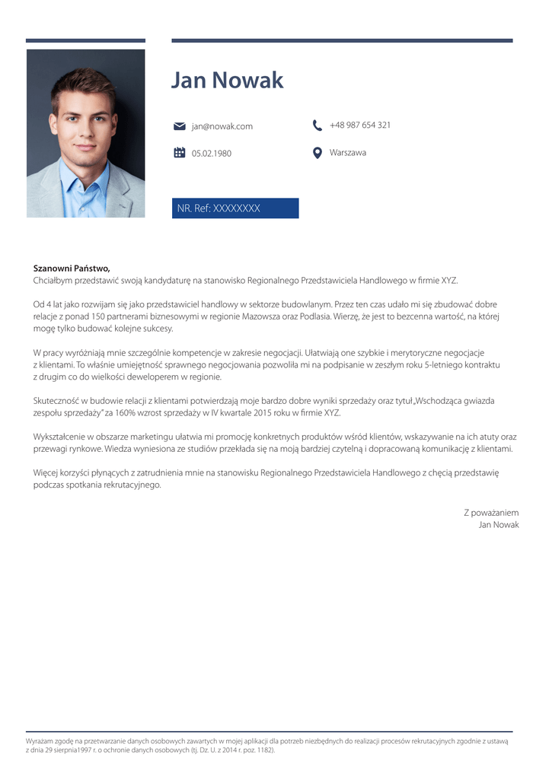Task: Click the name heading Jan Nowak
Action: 227,81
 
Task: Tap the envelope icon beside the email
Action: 180,126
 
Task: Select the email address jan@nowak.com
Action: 222,126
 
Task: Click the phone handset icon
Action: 317,125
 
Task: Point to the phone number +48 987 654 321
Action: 360,125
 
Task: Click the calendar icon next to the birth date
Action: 180,153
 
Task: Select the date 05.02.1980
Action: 212,154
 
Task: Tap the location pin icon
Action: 317,153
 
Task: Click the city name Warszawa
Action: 348,153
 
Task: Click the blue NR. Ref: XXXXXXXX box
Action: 235,208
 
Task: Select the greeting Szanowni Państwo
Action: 72,269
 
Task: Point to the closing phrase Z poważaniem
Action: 491,513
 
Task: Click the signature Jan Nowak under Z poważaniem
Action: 499,525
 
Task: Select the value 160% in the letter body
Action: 126,413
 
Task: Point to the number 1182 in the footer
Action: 263,750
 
